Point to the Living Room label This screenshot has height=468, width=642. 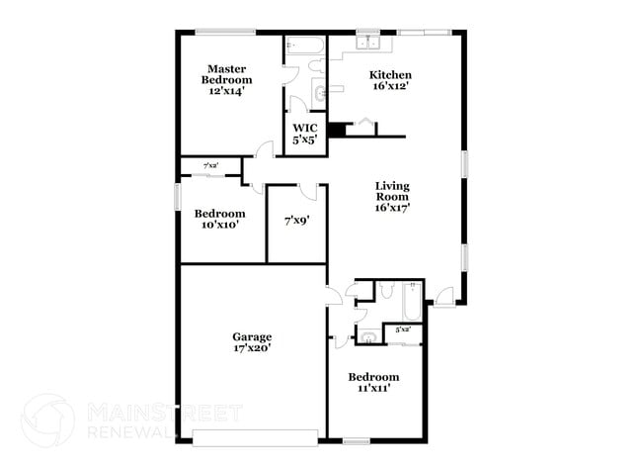[392, 196]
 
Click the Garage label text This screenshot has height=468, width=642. [252, 336]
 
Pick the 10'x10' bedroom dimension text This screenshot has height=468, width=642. [218, 225]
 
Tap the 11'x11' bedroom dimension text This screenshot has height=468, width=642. [373, 389]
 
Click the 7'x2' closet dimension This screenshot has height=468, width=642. [210, 165]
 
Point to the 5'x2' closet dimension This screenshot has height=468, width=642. [403, 329]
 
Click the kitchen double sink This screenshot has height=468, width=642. [370, 42]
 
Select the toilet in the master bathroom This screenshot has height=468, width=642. [316, 66]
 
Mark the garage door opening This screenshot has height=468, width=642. [255, 436]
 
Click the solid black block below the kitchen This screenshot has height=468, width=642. [337, 129]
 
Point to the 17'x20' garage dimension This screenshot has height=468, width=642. [252, 348]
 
